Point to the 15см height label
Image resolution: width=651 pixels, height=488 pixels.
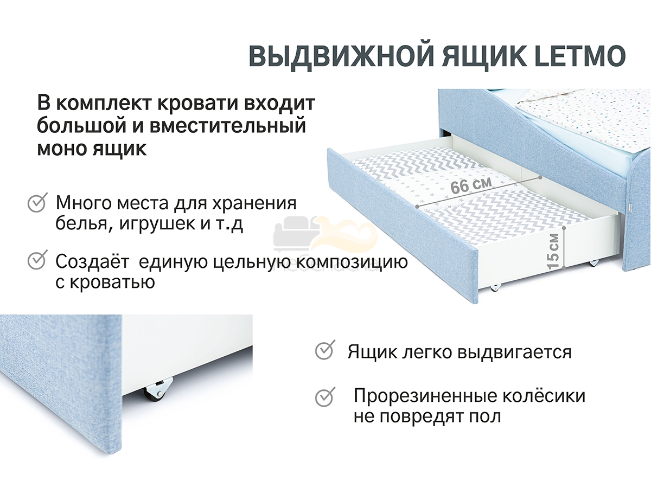click(553, 251)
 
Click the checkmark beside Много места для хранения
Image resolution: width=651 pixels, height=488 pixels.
click(37, 202)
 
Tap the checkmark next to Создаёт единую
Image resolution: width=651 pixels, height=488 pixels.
click(37, 260)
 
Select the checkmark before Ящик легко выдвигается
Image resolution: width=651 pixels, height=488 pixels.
click(325, 350)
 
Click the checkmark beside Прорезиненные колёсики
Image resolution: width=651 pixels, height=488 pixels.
click(325, 397)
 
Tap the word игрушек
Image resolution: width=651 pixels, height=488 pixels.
click(157, 224)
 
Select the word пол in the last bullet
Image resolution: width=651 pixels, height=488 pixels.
click(486, 416)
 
